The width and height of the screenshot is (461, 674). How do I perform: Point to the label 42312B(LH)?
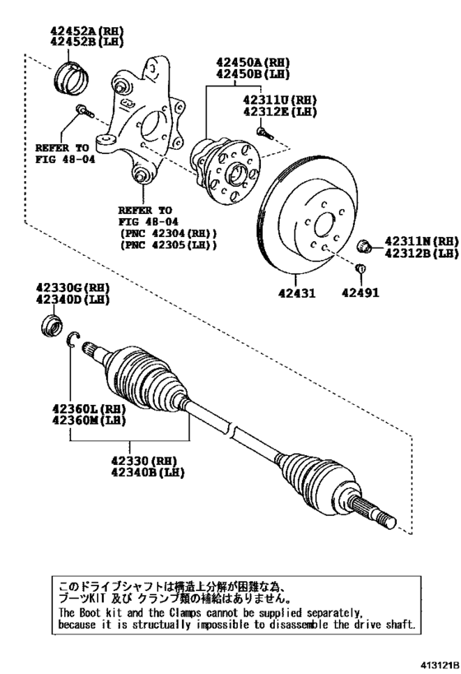(x=421, y=253)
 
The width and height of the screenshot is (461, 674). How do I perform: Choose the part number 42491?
(x=360, y=290)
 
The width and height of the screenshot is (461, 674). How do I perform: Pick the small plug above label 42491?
(x=359, y=269)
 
